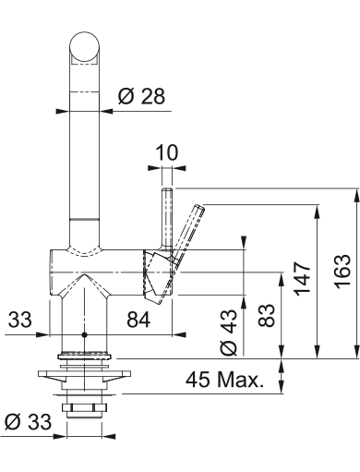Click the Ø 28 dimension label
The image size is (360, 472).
click(x=141, y=96)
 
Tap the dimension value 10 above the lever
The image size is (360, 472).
click(x=167, y=152)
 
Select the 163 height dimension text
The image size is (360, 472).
click(x=343, y=272)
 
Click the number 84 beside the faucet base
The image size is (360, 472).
click(x=138, y=320)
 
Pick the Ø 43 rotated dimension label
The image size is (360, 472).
click(x=229, y=332)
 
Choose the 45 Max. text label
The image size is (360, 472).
click(x=224, y=380)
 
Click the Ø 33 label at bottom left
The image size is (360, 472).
click(x=29, y=421)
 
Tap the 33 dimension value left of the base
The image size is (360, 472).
click(x=19, y=320)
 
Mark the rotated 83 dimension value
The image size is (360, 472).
click(x=266, y=315)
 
